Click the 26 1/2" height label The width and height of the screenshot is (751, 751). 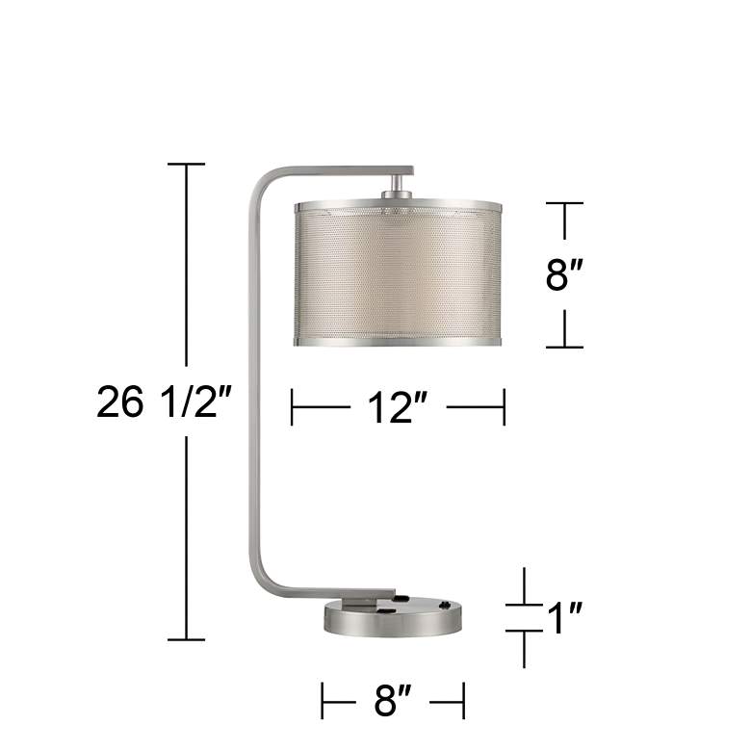[x=164, y=402]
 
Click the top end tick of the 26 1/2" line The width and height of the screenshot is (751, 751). [x=186, y=165]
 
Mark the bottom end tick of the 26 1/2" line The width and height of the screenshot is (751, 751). [x=186, y=639]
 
